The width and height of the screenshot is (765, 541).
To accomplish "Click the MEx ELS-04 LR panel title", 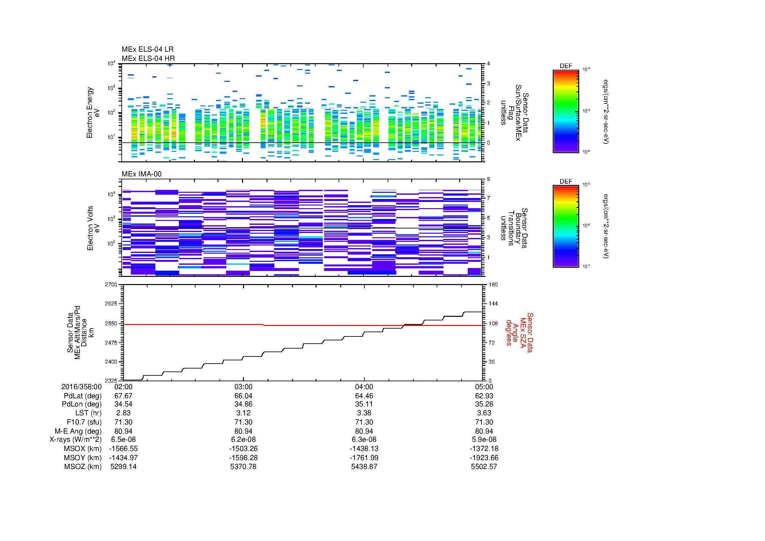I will (147, 49).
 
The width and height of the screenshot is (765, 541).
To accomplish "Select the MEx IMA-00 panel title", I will (141, 174).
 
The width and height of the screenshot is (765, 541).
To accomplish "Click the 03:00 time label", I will (244, 387).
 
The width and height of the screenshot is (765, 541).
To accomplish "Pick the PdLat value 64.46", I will (364, 396).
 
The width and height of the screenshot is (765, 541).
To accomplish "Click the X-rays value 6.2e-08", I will (244, 440).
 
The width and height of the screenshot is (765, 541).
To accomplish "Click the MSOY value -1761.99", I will (364, 458).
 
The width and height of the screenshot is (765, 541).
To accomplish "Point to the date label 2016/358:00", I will (81, 387).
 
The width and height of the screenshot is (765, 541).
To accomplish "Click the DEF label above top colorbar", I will (565, 66).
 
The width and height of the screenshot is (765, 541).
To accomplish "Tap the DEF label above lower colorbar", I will (565, 181).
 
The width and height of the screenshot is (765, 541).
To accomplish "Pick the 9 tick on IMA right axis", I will (488, 179).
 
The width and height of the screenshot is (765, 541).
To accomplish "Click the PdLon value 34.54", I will (123, 404).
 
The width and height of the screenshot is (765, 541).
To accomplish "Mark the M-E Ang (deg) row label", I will (78, 431).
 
